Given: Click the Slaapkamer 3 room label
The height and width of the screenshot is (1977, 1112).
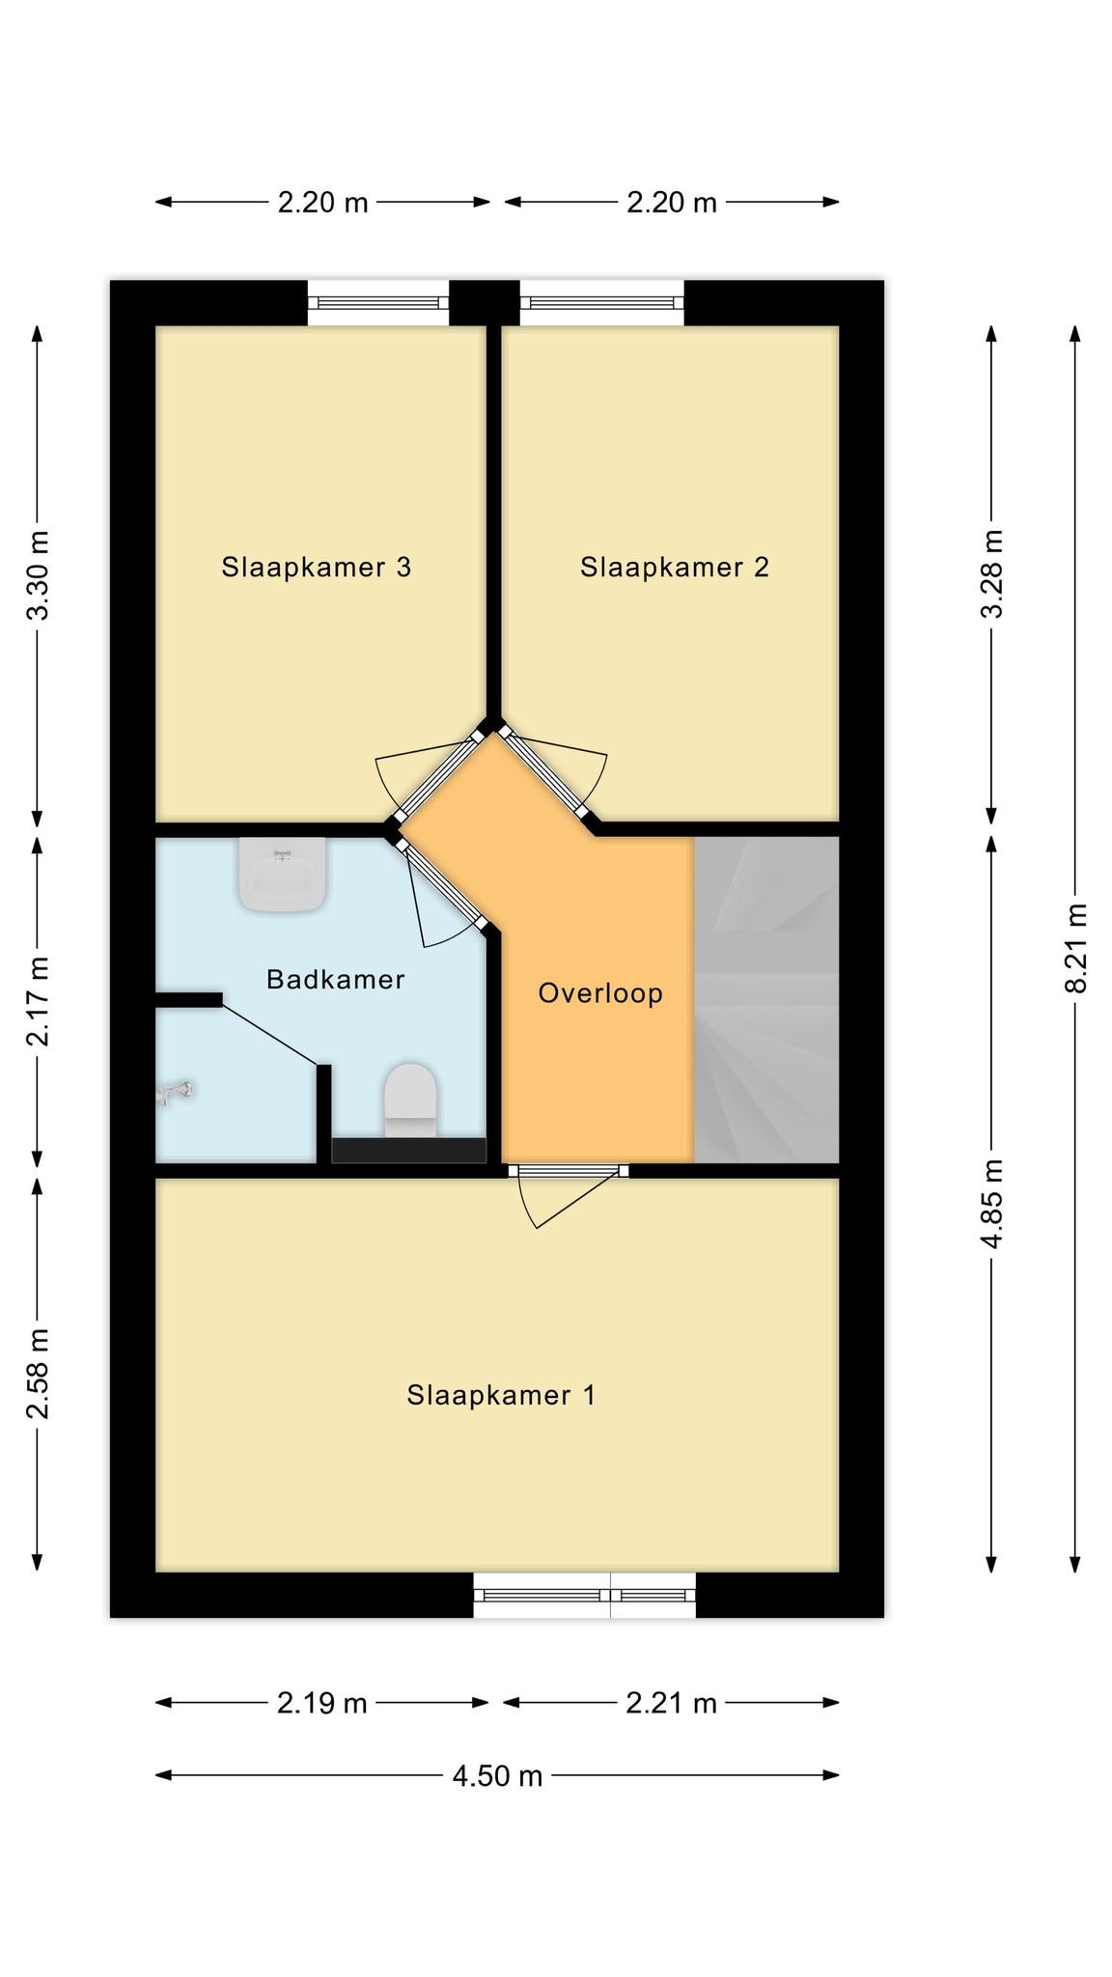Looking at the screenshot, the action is point(317,567).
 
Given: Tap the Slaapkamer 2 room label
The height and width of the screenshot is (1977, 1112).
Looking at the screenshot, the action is point(675,567).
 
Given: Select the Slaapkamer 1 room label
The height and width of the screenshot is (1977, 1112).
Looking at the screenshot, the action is point(501,1395).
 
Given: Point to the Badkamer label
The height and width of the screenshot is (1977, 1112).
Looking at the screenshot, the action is point(335,980).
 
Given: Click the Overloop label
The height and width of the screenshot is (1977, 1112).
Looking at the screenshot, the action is point(600,993).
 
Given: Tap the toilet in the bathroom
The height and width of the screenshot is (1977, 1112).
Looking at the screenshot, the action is point(410,1100).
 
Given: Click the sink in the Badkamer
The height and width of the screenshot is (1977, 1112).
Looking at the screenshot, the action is point(283,874).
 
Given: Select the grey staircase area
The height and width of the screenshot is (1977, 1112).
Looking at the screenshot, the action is point(766,999).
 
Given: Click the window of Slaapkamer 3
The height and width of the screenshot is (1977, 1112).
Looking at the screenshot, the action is point(378,303).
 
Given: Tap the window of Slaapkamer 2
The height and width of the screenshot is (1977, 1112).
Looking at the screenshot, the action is point(602,303).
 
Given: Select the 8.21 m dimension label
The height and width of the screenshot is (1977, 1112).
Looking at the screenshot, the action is point(1075,949).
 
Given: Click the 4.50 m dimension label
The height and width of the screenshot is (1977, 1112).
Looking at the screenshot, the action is point(497,1775).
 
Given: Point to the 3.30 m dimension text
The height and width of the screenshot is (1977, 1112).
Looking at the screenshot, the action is point(38,575).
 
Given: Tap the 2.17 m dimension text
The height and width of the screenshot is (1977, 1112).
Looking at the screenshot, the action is point(38,1001).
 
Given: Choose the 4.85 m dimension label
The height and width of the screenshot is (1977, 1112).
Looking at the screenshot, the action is point(991,1203).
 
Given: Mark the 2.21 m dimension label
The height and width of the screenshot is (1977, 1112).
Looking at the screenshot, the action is point(671,1703).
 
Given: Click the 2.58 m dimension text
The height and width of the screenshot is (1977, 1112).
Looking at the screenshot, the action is point(38,1374).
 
